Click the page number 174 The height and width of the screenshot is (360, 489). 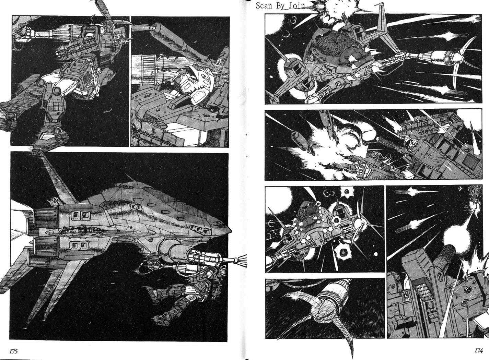pyautogui.click(x=478, y=350)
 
